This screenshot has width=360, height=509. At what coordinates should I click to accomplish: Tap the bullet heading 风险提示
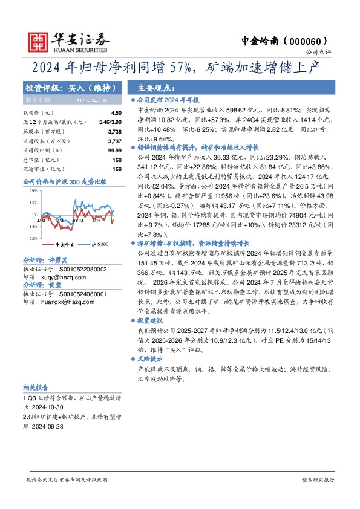(151, 359)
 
